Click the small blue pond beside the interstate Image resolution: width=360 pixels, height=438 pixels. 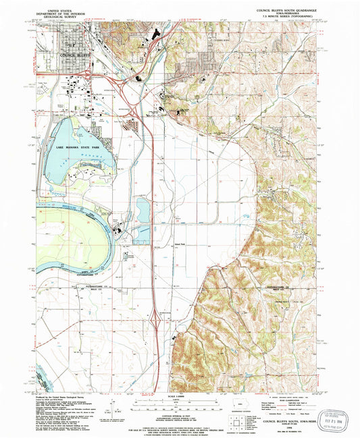[143, 210]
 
